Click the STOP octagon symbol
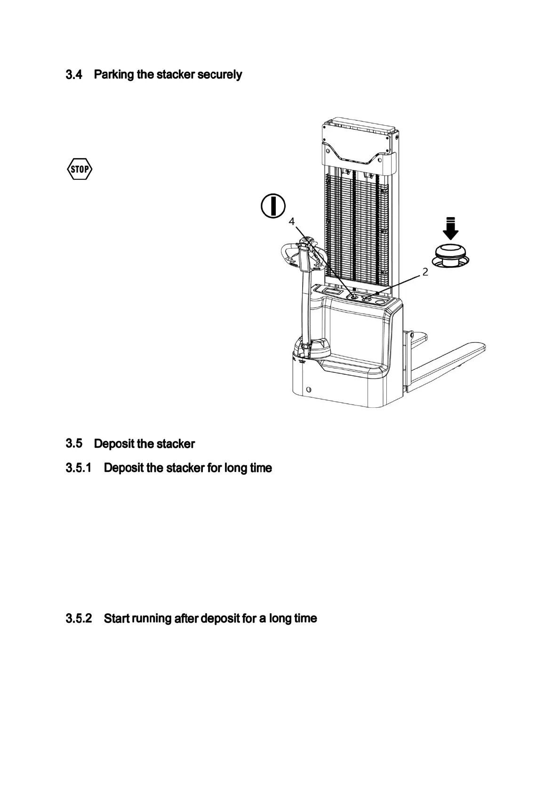tap(79, 170)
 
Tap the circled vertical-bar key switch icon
tap(273, 206)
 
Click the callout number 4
tap(292, 221)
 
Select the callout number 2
tap(425, 272)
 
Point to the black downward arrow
tap(451, 229)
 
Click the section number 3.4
tap(74, 74)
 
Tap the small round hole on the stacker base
tap(308, 390)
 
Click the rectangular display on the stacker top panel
tap(331, 292)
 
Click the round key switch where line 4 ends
tap(353, 297)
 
